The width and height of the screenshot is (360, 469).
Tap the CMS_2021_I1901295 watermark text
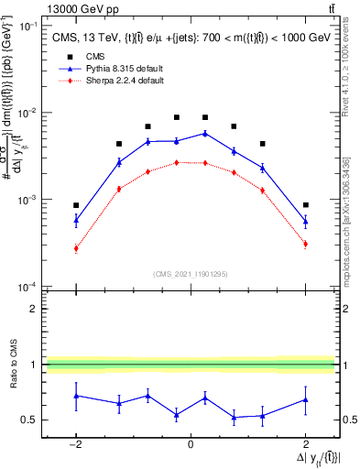[x=190, y=274]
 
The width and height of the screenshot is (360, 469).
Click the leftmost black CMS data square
[x=76, y=205]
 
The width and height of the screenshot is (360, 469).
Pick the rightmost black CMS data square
[x=305, y=205]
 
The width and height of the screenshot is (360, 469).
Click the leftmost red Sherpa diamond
[x=76, y=248]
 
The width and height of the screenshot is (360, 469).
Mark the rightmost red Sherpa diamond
[x=305, y=244]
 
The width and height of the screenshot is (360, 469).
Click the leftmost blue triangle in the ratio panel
[x=76, y=396]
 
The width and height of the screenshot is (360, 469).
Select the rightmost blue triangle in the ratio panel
[x=305, y=399]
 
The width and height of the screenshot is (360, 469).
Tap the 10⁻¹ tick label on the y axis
[x=28, y=26]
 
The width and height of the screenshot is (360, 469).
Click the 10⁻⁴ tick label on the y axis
[x=28, y=287]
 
